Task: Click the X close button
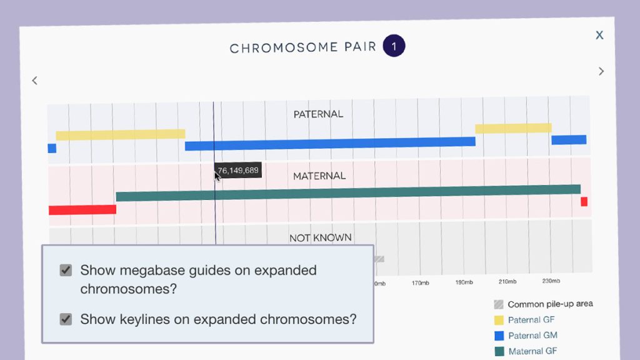pos(599,35)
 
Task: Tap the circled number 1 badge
pos(394,46)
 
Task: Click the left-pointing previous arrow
pos(34,80)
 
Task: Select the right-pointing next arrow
pos(601,71)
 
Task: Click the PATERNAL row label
pos(318,114)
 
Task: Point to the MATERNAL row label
pos(319,176)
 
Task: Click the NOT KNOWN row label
pos(320,237)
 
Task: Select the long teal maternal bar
pos(348,192)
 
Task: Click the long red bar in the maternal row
pos(82,209)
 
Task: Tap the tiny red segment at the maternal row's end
pos(584,201)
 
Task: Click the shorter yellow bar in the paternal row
pos(513,128)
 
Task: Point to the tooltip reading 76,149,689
pos(238,170)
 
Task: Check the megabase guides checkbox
pos(66,270)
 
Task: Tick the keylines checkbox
pos(66,319)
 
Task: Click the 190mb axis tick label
pos(464,282)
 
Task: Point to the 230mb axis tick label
pos(551,281)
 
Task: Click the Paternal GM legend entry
pos(532,336)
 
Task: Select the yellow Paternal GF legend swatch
pos(499,320)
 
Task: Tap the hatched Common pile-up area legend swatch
pos(499,304)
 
